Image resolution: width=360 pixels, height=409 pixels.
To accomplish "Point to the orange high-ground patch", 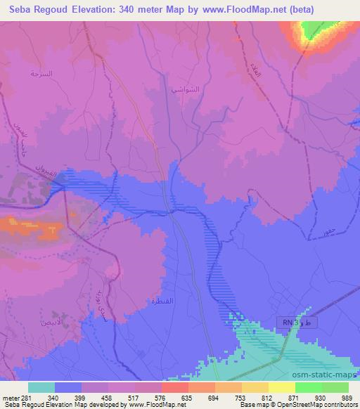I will coord(32,226).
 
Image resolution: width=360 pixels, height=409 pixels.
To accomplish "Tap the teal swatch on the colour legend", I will coord(41,387).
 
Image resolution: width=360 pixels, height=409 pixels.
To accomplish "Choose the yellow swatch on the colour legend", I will coord(281,387).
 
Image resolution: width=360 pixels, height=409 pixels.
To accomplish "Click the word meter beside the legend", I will coord(9,397).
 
